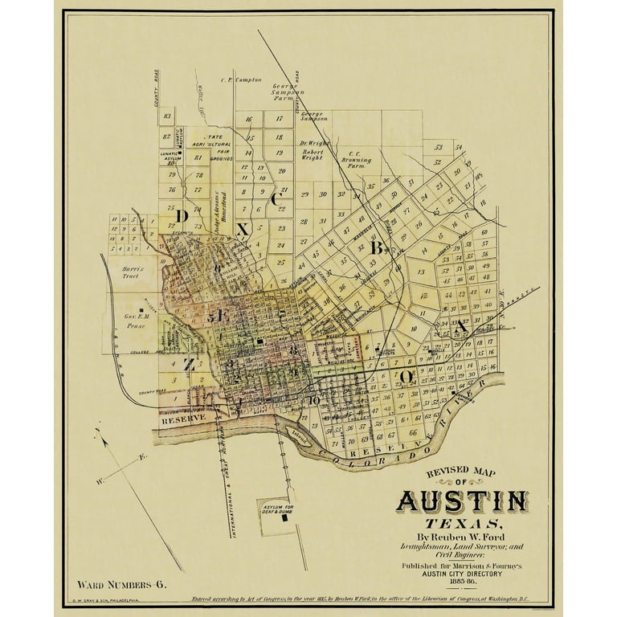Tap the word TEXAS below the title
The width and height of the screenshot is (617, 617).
462,525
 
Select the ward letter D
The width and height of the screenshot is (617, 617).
182,215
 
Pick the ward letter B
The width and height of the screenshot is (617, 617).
375,248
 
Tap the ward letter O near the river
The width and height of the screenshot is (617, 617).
407,375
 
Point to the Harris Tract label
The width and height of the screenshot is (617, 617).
130,272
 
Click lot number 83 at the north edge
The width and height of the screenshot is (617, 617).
167,116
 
